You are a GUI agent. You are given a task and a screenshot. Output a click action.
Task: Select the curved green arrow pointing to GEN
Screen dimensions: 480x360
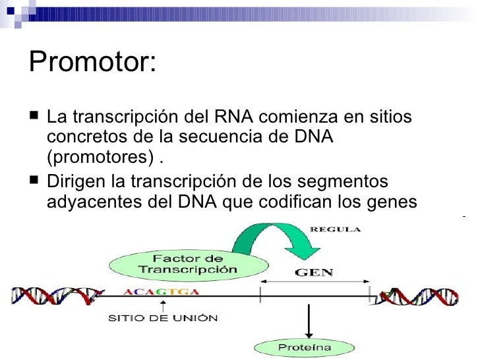(x=264, y=241)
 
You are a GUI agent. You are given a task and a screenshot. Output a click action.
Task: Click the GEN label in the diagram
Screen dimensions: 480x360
(x=314, y=272)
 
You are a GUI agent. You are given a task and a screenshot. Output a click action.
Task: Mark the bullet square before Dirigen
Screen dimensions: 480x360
(x=34, y=181)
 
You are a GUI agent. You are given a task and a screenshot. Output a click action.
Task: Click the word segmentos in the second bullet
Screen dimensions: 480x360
(x=349, y=181)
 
